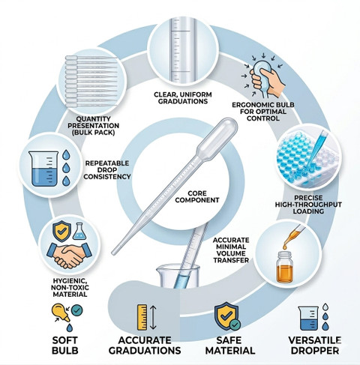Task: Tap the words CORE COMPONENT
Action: point(197,196)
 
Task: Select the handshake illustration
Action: point(70,254)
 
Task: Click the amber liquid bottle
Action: point(284,268)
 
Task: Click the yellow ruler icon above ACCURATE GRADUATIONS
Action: point(142,317)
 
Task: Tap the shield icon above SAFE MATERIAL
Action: point(226,316)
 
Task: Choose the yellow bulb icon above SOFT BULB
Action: point(61,313)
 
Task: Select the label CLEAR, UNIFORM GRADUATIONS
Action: point(183,98)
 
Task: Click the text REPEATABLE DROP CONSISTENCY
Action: point(107,170)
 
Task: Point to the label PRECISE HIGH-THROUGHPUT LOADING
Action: point(308,205)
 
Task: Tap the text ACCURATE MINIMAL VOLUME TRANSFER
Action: point(231,250)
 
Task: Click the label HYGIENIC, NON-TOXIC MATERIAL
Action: point(70,288)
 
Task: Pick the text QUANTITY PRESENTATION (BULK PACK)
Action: point(94,126)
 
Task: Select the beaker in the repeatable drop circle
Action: point(43,169)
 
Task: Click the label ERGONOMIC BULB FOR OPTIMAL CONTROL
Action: point(263,112)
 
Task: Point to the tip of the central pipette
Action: point(113,253)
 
